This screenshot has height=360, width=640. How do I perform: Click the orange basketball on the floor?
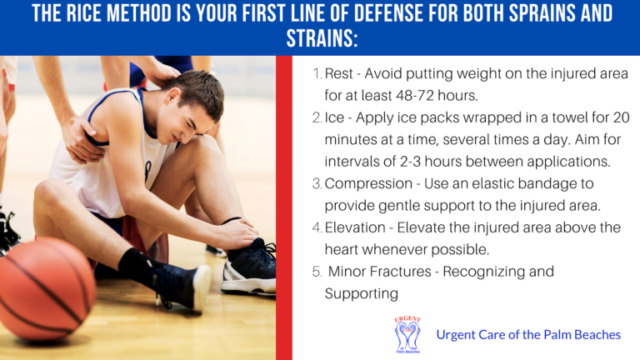coord(46,289)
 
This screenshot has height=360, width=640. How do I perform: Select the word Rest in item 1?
coord(339,74)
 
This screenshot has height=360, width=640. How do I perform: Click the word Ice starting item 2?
coord(335,118)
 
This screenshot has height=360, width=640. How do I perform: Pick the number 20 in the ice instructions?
coord(621,118)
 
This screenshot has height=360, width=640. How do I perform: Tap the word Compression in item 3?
coord(368,183)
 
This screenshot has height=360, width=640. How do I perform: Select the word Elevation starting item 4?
coord(355,227)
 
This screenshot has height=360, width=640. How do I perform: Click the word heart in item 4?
coord(341,249)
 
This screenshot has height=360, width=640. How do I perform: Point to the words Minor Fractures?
coord(380,272)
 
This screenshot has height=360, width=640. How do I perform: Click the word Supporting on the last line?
coord(361,294)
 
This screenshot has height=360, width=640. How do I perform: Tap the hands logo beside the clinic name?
coord(407,335)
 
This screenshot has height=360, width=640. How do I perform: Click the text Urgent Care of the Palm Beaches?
coord(528,335)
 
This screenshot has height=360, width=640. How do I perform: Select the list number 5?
coord(317,272)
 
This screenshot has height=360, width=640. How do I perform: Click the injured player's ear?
coord(173,97)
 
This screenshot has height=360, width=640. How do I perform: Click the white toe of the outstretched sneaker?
coord(202,287)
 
